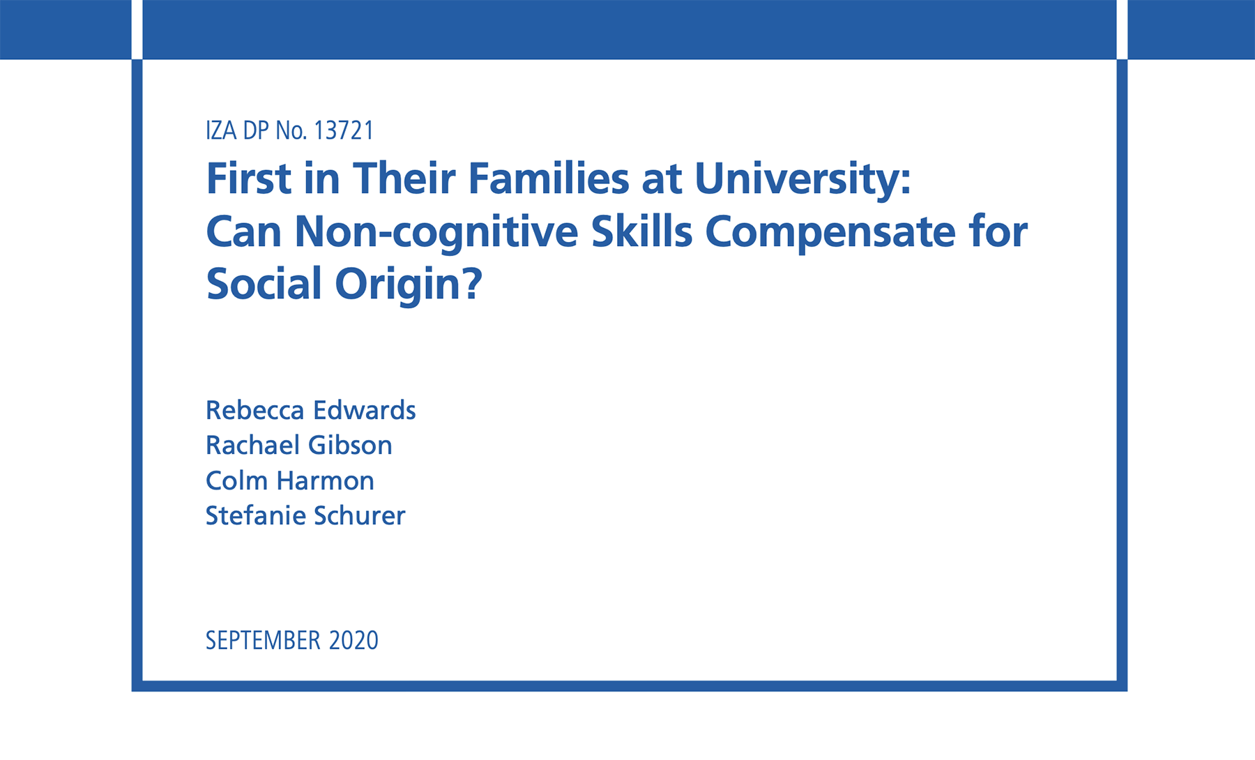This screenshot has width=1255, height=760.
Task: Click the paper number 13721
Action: (x=344, y=130)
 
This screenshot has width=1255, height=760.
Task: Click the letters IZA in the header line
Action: (x=221, y=130)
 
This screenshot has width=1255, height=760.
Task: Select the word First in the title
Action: (x=248, y=178)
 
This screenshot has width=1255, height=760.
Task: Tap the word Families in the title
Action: (x=549, y=178)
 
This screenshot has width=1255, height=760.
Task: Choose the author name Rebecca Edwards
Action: (x=310, y=411)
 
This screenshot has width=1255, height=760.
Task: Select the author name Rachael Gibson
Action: (x=299, y=446)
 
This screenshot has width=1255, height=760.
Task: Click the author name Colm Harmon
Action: (x=290, y=481)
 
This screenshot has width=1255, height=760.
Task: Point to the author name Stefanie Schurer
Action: (x=305, y=516)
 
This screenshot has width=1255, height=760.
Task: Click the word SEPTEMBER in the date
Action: (x=263, y=641)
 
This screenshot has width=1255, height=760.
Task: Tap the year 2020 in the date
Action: (x=353, y=641)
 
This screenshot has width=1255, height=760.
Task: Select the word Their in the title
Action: (x=404, y=178)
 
